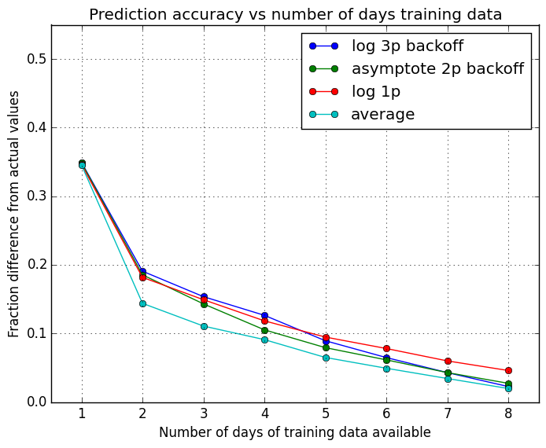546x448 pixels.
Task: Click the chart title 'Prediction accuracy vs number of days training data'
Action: (x=295, y=14)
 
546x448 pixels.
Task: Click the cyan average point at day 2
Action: (x=142, y=303)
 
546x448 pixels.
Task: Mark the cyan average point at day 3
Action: (x=204, y=326)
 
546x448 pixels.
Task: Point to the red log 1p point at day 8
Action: (x=508, y=370)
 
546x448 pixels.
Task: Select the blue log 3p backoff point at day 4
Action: (x=264, y=315)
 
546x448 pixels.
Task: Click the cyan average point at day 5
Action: (x=326, y=358)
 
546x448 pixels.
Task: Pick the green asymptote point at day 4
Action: (x=264, y=330)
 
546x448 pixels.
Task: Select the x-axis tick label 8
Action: (x=508, y=414)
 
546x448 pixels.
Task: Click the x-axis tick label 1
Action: (x=82, y=414)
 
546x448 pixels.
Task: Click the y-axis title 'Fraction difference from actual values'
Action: (x=14, y=214)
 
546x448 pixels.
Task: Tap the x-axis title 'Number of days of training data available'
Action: (x=295, y=433)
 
